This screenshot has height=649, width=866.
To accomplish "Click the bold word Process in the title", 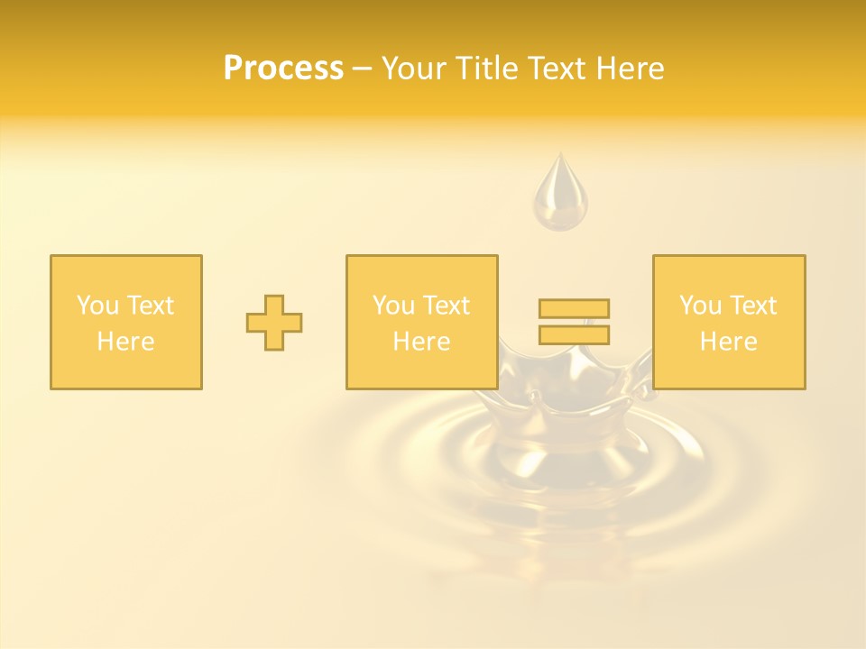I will pyautogui.click(x=283, y=69).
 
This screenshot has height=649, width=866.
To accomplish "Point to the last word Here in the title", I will pyautogui.click(x=631, y=69).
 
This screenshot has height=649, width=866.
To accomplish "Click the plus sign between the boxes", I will pyautogui.click(x=274, y=323).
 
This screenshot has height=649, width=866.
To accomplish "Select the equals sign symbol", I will pyautogui.click(x=574, y=322).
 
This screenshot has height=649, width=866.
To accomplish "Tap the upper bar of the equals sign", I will pyautogui.click(x=574, y=309).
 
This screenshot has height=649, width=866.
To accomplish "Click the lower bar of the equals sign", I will pyautogui.click(x=574, y=334).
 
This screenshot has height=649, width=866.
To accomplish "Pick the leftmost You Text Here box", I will pyautogui.click(x=126, y=323).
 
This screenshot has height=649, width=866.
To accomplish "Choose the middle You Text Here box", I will pyautogui.click(x=422, y=323).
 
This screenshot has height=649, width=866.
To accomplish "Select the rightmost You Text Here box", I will pyautogui.click(x=729, y=323).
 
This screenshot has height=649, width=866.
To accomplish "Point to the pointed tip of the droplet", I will pyautogui.click(x=560, y=156).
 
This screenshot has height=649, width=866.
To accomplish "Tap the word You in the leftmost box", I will pyautogui.click(x=97, y=306).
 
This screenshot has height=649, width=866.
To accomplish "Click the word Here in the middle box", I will pyautogui.click(x=422, y=342).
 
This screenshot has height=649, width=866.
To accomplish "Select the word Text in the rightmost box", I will pyautogui.click(x=752, y=306).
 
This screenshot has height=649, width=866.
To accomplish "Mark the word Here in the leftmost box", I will pyautogui.click(x=126, y=342).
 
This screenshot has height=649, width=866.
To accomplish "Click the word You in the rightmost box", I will pyautogui.click(x=700, y=306).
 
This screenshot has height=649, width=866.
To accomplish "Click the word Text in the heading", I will pyautogui.click(x=557, y=69).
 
